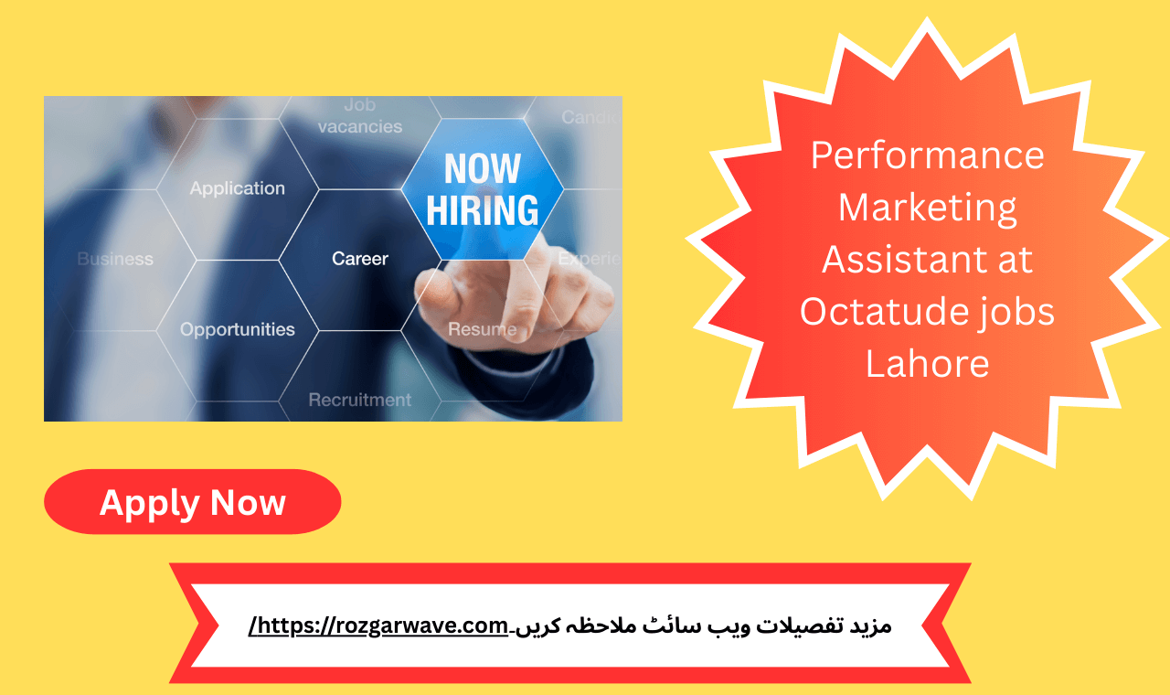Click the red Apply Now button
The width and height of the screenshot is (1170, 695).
point(192,502)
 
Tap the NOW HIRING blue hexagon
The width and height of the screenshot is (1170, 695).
point(482,189)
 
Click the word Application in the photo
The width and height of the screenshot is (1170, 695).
point(238,188)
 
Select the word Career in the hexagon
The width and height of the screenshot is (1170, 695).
point(360,259)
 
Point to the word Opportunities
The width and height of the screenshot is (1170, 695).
point(238,329)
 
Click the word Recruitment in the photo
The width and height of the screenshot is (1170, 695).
point(360,400)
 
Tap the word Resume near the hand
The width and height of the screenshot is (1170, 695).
point(482,329)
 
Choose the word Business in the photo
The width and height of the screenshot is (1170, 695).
point(115,259)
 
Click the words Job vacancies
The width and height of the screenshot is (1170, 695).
point(360,117)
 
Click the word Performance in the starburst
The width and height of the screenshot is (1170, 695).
point(927,155)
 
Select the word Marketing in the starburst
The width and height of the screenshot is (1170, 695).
point(927,207)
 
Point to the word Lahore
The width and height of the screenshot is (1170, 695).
point(927,364)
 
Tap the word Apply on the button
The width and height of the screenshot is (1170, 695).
point(150,503)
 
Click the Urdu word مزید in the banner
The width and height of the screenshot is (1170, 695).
point(867,626)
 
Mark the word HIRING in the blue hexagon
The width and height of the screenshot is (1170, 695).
point(482,210)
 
